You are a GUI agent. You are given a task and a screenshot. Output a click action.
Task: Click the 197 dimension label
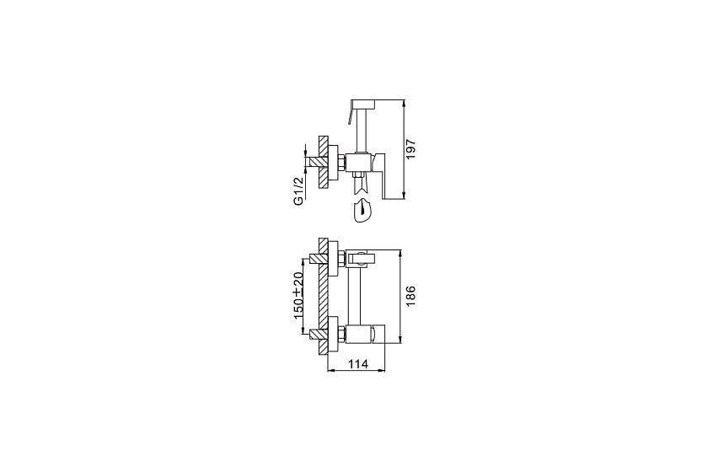[411, 149]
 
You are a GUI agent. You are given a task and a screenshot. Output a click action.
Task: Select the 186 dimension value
[410, 296]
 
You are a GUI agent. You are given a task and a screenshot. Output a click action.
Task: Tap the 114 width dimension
[358, 363]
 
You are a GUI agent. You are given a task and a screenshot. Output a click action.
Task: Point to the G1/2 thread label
[299, 190]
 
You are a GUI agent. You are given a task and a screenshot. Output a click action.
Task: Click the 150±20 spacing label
[298, 296]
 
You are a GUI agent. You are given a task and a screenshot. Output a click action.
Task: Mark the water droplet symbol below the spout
[362, 211]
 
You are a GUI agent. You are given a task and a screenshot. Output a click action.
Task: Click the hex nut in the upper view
[342, 162]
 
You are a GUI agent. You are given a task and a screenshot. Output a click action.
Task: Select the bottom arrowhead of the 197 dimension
[404, 196]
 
